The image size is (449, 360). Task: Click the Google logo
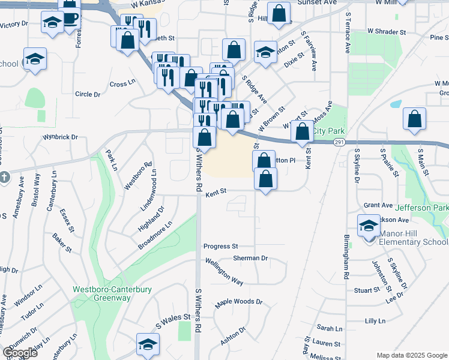pyautogui.click(x=20, y=353)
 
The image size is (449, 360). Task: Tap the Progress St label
pyautogui.click(x=221, y=246)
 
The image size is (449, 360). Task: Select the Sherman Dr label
pyautogui.click(x=251, y=257)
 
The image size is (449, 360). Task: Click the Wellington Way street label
pyautogui.click(x=224, y=271)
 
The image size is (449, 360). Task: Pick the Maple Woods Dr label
pyautogui.click(x=239, y=302)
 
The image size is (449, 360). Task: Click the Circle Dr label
pyautogui.click(x=88, y=94)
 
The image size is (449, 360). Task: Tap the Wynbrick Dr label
pyautogui.click(x=60, y=137)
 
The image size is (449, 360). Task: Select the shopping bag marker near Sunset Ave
pyautogui.click(x=279, y=13)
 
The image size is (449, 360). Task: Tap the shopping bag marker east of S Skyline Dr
pyautogui.click(x=414, y=119)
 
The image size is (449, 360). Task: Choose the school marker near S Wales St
pyautogui.click(x=147, y=344)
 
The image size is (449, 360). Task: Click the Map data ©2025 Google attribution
pyautogui.click(x=412, y=355)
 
